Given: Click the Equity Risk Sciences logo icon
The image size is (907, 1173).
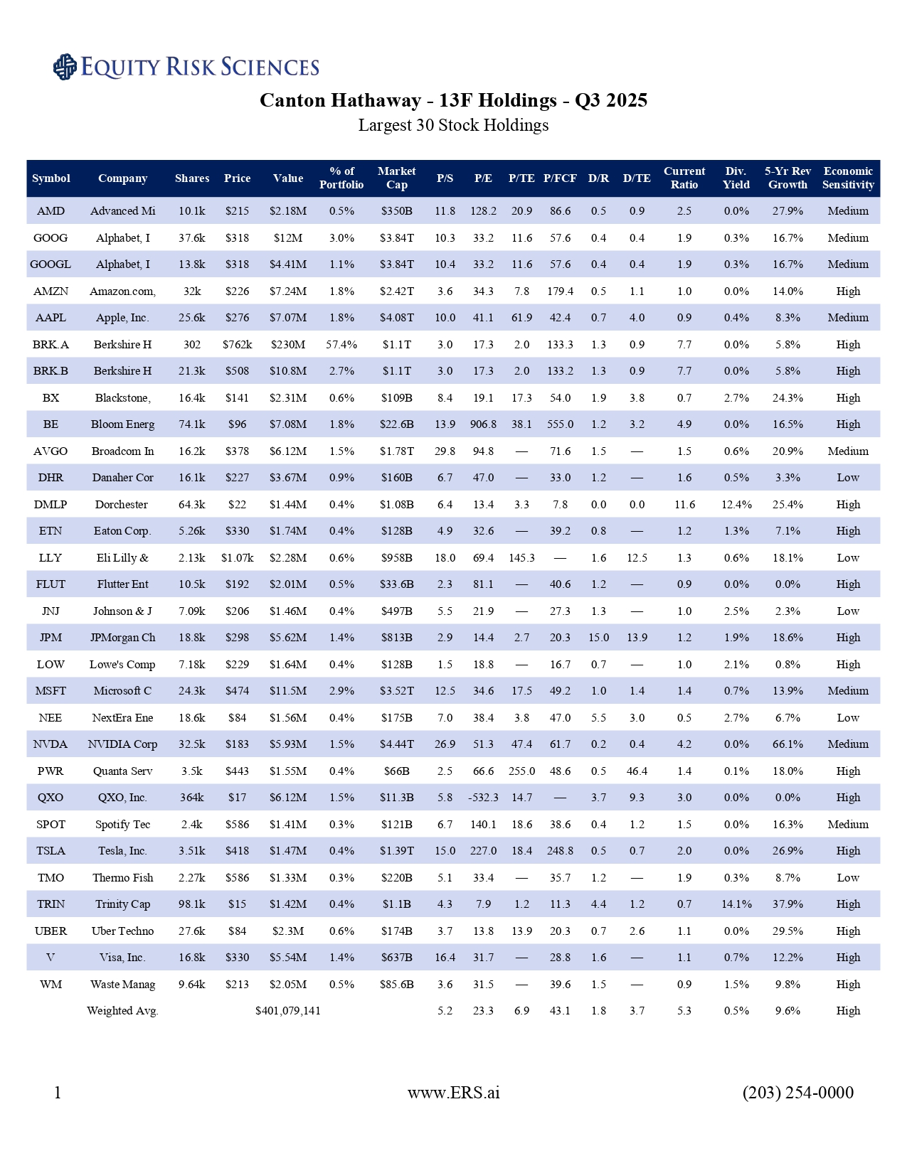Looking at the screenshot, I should [65, 67].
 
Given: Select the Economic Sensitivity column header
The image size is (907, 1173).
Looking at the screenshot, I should [848, 178].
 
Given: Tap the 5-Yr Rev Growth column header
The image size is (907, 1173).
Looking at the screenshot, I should [787, 178].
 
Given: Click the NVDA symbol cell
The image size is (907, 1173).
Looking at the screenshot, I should [51, 744].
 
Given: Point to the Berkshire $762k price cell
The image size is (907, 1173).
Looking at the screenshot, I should [237, 345].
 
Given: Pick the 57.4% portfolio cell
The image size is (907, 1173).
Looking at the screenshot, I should [341, 345].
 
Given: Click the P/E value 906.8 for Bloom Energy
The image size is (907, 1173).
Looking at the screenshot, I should [483, 424].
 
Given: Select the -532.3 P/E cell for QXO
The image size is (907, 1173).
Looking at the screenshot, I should [483, 798].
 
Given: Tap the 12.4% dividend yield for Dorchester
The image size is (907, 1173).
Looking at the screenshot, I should [736, 505].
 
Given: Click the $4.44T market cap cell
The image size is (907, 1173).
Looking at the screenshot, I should [396, 744].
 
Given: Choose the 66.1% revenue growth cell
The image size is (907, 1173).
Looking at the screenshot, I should [787, 744].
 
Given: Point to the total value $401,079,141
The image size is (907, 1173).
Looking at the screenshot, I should [287, 1011].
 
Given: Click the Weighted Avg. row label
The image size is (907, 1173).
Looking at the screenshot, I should [122, 1011].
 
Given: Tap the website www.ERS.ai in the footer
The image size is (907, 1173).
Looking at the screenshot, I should [453, 1093].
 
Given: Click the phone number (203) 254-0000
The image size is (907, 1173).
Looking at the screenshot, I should [797, 1093].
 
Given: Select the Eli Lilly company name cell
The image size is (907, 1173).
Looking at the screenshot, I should [122, 558].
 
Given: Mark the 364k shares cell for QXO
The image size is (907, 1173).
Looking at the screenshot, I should [192, 798].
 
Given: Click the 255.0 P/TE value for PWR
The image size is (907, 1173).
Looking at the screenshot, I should [521, 771].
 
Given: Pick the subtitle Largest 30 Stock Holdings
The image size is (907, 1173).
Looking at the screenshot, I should [453, 126].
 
